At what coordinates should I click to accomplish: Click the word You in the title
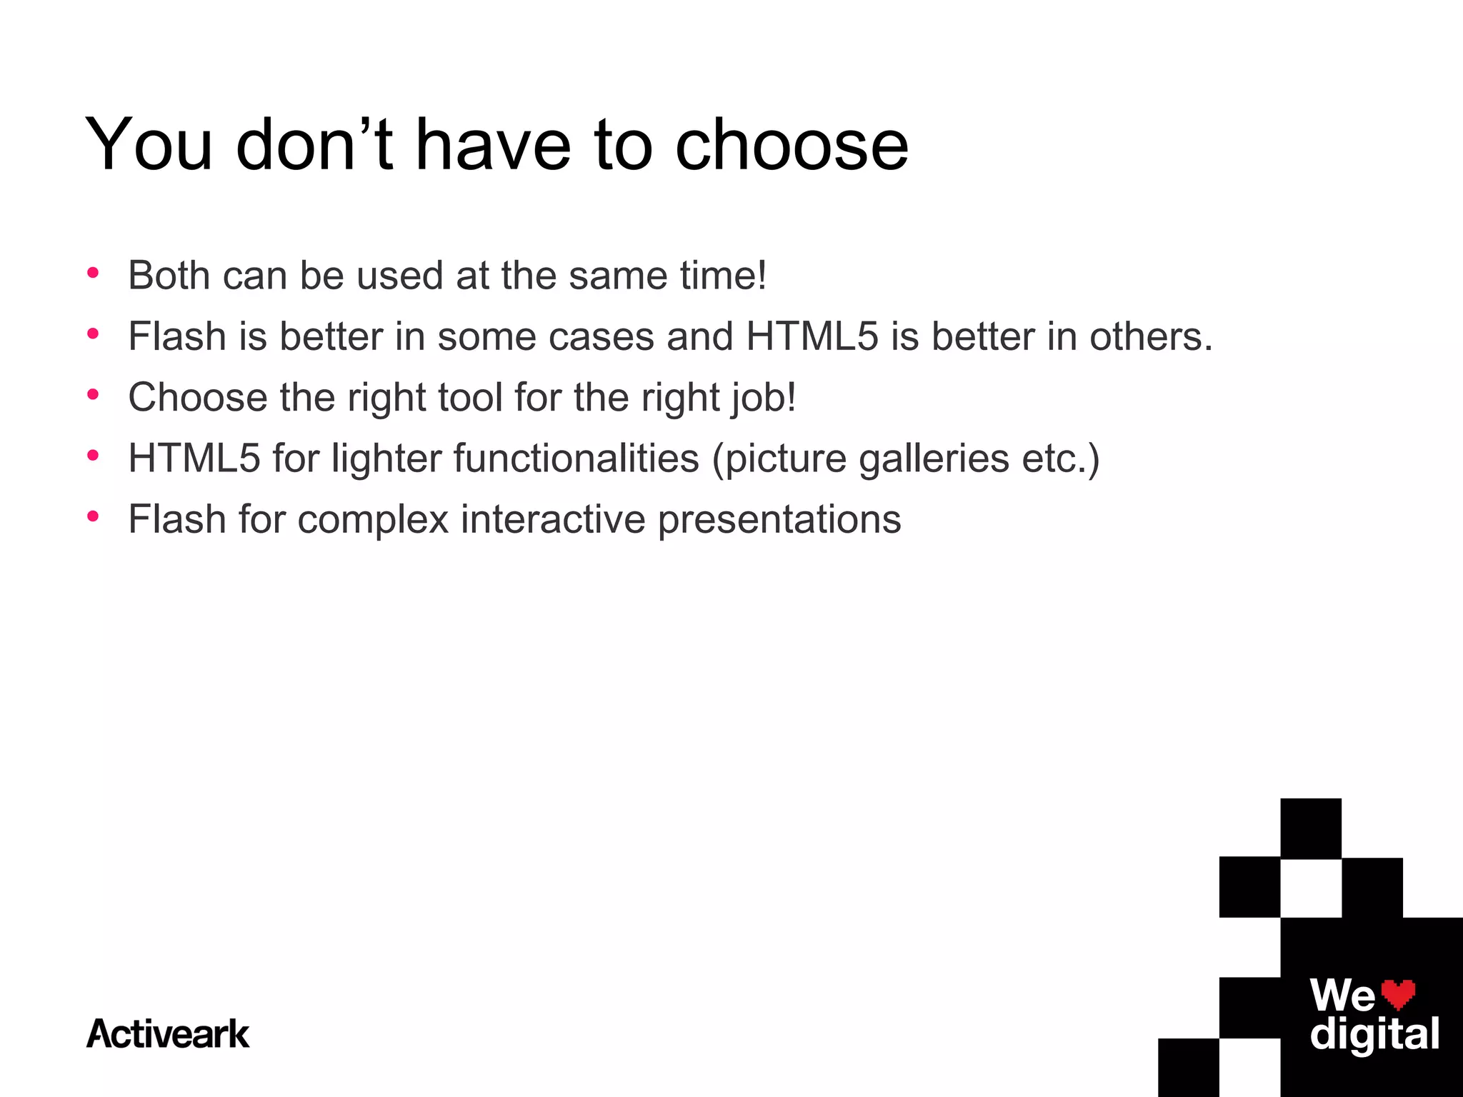click(x=149, y=145)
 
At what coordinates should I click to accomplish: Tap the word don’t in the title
click(x=314, y=145)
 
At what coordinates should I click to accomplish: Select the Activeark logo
click(x=168, y=1034)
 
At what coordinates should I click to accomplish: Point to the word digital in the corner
click(x=1374, y=1035)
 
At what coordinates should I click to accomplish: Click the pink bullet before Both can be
click(x=92, y=273)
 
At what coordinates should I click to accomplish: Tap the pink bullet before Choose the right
click(x=92, y=394)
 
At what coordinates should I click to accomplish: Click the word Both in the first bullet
click(x=169, y=276)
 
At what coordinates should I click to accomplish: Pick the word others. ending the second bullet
click(x=1151, y=336)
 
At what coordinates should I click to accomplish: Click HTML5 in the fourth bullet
click(x=194, y=458)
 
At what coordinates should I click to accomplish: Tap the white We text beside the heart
click(x=1342, y=995)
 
